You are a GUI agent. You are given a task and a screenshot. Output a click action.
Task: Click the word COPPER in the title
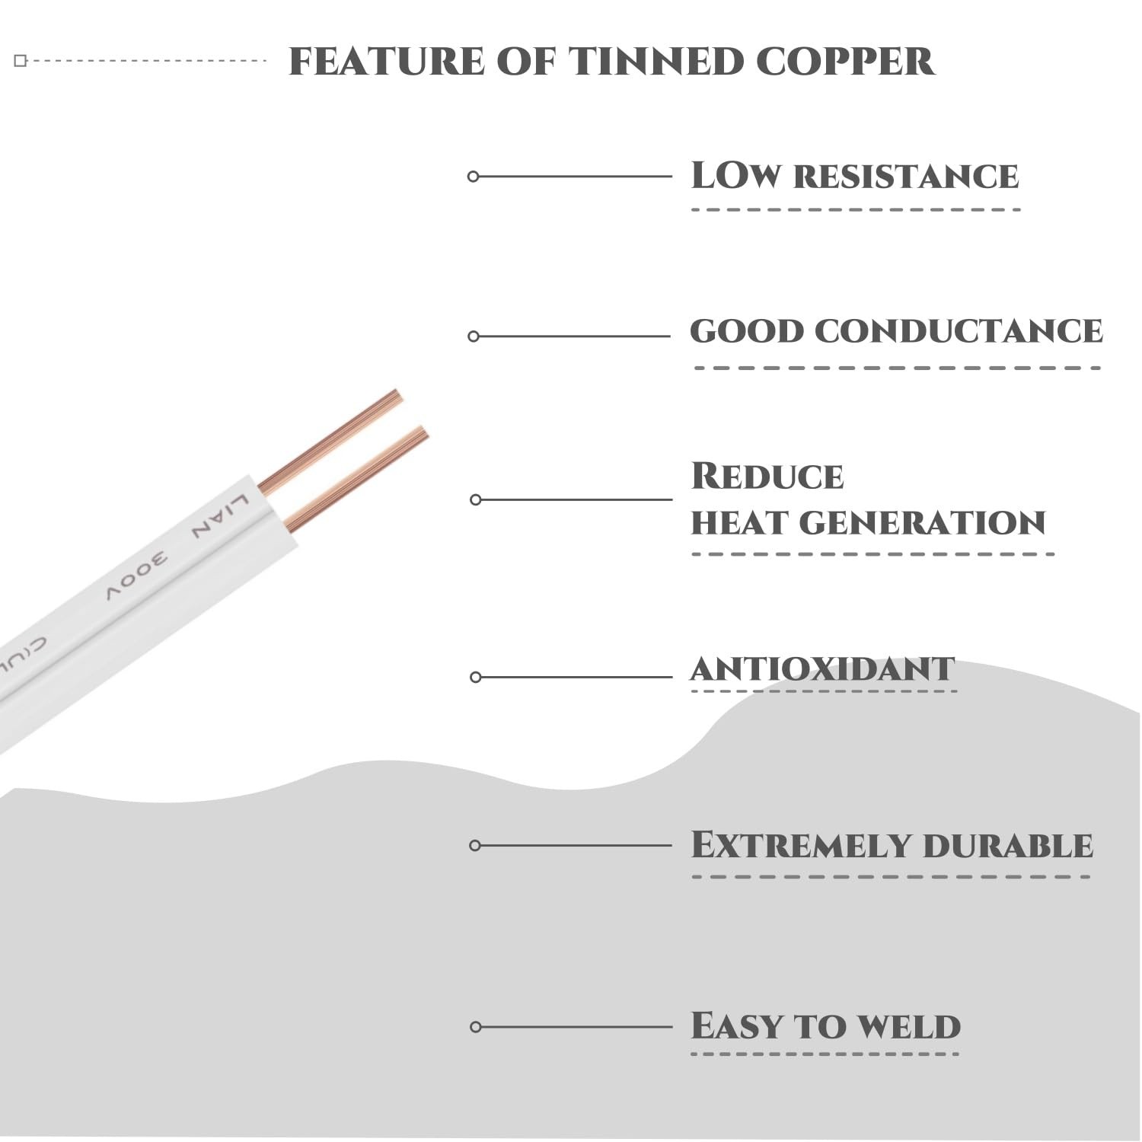tap(845, 62)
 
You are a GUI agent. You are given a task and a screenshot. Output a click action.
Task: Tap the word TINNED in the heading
tap(656, 62)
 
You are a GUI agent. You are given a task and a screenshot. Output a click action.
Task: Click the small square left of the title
tap(21, 61)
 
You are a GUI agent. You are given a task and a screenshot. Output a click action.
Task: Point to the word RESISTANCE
tap(906, 177)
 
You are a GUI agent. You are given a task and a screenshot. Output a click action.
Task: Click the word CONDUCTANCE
tap(959, 331)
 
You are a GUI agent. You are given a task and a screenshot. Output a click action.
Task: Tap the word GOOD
tap(747, 331)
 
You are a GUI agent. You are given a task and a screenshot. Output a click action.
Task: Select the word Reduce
tap(767, 476)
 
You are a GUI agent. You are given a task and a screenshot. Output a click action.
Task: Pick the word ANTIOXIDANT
tap(822, 669)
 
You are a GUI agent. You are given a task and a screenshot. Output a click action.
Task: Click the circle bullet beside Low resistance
tap(473, 177)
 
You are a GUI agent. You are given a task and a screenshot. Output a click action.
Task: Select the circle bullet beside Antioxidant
tap(476, 677)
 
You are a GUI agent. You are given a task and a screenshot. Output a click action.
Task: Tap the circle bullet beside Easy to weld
tap(476, 1027)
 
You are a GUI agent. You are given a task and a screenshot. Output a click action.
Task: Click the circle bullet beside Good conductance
tap(474, 337)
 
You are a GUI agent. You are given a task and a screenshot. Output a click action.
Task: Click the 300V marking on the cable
tap(137, 579)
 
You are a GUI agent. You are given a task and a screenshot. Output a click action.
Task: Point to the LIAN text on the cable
tap(220, 516)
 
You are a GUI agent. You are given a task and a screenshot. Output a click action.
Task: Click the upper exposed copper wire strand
tap(330, 441)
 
